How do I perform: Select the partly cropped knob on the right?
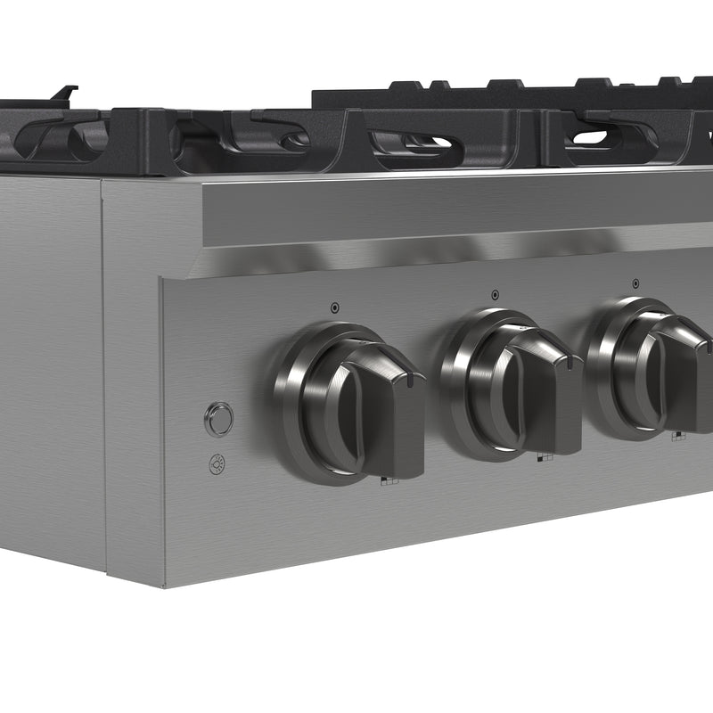[x=655, y=367]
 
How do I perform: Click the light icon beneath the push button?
[x=217, y=463]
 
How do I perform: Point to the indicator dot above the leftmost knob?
[x=334, y=307]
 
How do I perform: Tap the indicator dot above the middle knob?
[x=495, y=294]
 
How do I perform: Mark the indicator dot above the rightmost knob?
[x=635, y=284]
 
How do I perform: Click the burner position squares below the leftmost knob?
[x=389, y=481]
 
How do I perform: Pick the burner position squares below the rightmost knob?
[x=678, y=436]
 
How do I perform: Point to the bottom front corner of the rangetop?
[x=164, y=586]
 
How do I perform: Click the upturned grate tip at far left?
[x=64, y=93]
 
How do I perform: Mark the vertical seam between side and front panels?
[x=102, y=374]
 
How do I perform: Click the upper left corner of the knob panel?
[x=163, y=280]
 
